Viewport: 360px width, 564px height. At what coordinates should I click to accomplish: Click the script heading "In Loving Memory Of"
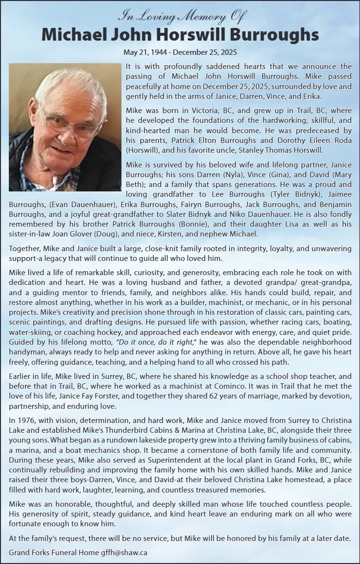click(x=181, y=17)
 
